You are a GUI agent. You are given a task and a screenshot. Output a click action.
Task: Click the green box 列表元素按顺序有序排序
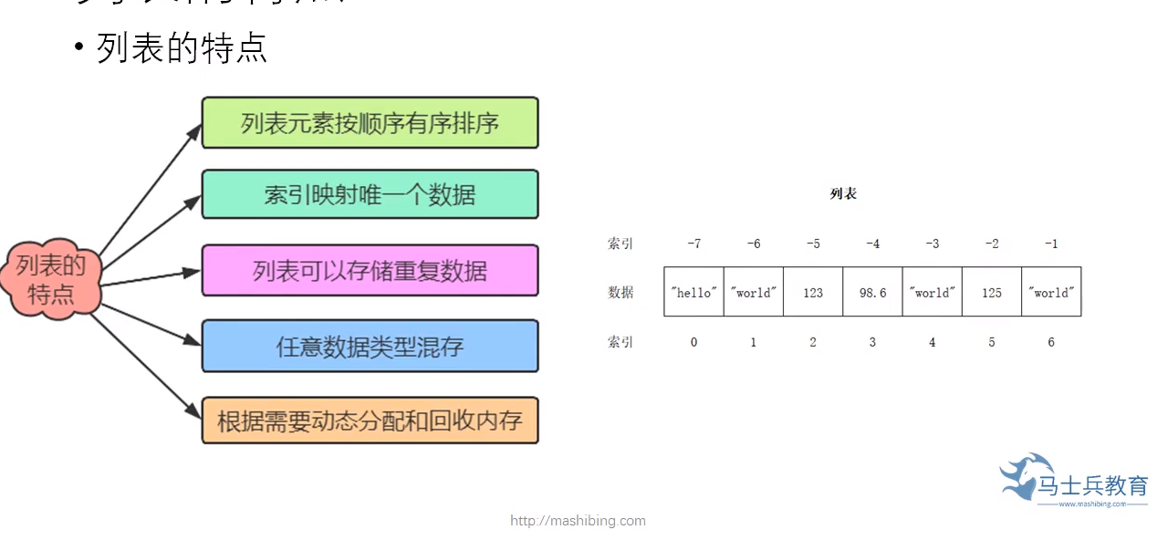tap(370, 122)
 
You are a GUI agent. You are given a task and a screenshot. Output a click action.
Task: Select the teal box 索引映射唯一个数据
tap(370, 194)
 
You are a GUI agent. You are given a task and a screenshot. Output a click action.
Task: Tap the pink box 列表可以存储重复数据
tap(370, 270)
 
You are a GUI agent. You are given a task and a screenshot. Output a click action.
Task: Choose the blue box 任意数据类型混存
tap(370, 346)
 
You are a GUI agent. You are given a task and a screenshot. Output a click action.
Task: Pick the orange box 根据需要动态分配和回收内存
tap(370, 421)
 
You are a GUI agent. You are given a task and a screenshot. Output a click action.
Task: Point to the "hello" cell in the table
tap(693, 292)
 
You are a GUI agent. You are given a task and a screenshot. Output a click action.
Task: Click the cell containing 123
tap(813, 292)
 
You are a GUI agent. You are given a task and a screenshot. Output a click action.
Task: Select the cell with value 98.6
tap(872, 292)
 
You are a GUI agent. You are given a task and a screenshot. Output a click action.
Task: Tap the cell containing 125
tap(992, 292)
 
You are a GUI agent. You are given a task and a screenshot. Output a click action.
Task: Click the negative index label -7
tap(693, 244)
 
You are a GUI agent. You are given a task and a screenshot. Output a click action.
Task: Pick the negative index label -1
tap(1051, 244)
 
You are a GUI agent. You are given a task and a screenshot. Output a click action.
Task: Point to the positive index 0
tap(693, 342)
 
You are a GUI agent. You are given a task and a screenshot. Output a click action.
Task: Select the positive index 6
tap(1051, 342)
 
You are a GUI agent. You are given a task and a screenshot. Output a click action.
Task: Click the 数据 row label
tap(620, 292)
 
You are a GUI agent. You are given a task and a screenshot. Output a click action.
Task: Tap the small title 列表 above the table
tap(843, 194)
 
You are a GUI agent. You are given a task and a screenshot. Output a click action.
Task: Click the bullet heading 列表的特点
tap(182, 48)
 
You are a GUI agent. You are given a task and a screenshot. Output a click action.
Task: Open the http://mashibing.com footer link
tap(578, 521)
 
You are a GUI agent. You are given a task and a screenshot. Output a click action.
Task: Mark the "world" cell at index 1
tap(753, 292)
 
